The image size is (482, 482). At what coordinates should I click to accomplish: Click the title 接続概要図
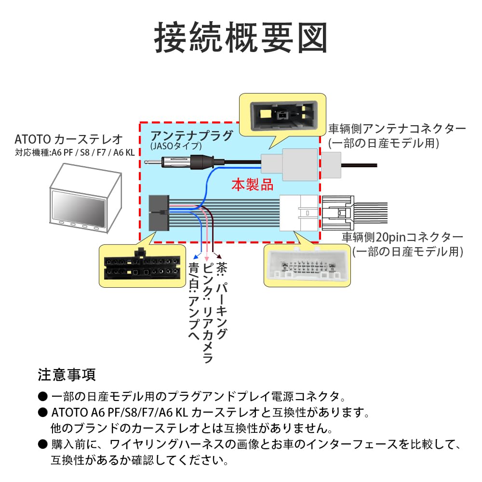(x=241, y=39)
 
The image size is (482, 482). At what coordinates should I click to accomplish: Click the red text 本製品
(x=252, y=185)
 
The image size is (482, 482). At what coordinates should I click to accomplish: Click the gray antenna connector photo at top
(x=281, y=116)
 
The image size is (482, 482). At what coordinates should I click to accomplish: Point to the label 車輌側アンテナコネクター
(x=397, y=129)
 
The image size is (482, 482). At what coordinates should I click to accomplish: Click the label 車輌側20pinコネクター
(x=402, y=237)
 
